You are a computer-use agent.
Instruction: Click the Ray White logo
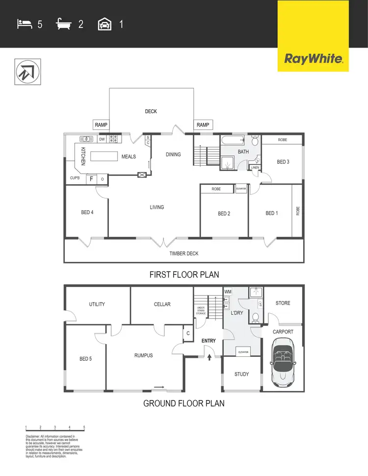click(x=313, y=59)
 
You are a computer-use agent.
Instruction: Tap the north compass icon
click(x=28, y=72)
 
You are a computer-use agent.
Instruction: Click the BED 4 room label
click(x=87, y=212)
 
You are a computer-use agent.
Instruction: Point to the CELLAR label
click(x=162, y=304)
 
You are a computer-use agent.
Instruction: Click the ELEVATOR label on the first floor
click(x=240, y=189)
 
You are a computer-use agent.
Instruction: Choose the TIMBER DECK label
click(x=184, y=253)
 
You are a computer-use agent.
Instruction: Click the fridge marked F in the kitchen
click(x=91, y=179)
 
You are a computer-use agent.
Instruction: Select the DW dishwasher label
click(x=102, y=140)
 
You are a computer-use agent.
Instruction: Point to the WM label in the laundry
click(x=228, y=292)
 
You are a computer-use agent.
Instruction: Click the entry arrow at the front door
click(x=210, y=357)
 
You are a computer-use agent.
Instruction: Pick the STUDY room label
click(x=241, y=375)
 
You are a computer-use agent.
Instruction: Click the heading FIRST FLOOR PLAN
click(x=184, y=275)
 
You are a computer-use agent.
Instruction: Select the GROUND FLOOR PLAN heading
click(x=184, y=403)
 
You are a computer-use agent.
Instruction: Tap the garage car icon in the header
click(x=105, y=23)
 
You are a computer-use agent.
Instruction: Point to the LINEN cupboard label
click(x=255, y=168)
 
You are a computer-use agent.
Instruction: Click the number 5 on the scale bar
click(x=84, y=427)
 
